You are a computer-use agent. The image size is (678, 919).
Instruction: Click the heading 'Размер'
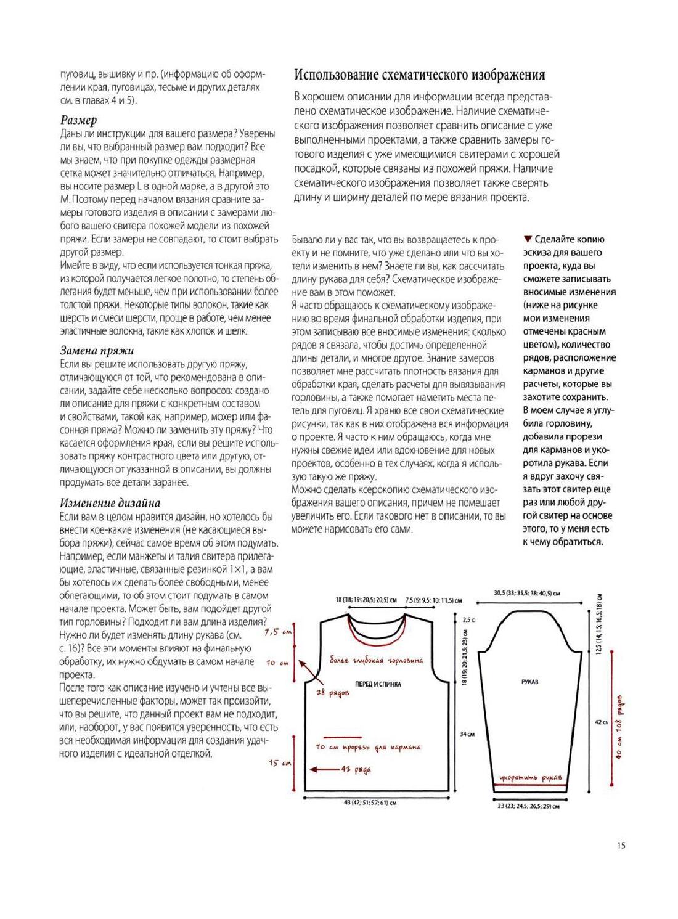[x=79, y=120]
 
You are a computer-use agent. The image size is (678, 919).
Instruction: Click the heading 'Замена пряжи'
[x=97, y=351]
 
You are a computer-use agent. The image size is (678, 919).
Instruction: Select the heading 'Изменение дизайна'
[x=110, y=502]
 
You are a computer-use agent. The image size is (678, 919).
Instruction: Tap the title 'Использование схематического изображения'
[x=419, y=75]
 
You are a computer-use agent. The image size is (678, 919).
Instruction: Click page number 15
[x=620, y=845]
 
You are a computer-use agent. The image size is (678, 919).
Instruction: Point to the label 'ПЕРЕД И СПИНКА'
[x=378, y=684]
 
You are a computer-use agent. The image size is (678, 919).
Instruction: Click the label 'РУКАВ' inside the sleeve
[x=529, y=682]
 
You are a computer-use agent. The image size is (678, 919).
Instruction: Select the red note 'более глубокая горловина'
[x=376, y=661]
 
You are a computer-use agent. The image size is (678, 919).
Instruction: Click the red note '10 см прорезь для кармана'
[x=368, y=747]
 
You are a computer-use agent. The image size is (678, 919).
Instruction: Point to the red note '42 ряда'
[x=356, y=769]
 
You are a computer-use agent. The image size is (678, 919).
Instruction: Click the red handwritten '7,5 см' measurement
[x=278, y=632]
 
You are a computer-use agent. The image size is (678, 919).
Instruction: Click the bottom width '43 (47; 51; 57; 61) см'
[x=370, y=803]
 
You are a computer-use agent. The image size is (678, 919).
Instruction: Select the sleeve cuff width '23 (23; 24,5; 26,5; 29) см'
[x=528, y=806]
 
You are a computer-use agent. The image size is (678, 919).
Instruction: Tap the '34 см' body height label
[x=467, y=734]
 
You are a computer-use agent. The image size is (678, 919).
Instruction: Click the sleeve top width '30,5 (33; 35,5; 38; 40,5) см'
[x=526, y=594]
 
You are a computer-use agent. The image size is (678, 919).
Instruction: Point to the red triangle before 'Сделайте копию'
[x=527, y=239]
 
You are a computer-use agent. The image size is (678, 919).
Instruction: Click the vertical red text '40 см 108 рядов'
[x=619, y=727]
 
